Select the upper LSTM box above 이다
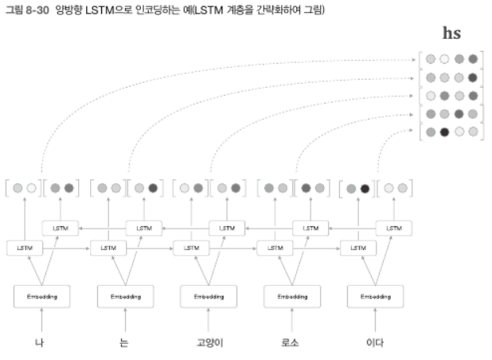tap(393, 228)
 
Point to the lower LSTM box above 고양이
tap(191, 248)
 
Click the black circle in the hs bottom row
tap(445, 131)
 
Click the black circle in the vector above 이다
tap(365, 189)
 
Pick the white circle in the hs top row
tap(445, 58)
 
